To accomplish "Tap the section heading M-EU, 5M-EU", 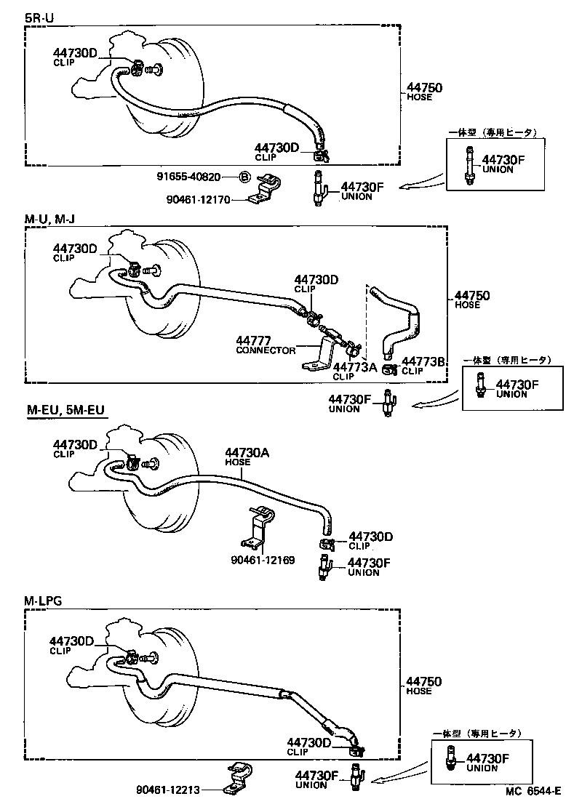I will [65, 411].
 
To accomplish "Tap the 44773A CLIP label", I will [354, 371].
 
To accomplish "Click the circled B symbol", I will [245, 177].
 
